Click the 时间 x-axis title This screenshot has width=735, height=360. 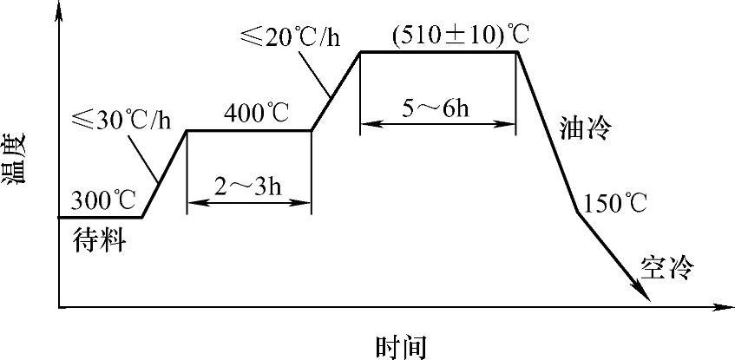pos(401,347)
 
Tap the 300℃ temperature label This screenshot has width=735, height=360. pos(102,200)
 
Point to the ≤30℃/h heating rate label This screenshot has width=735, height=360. pos(121,119)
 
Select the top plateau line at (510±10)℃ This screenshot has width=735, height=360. pos(438,52)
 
